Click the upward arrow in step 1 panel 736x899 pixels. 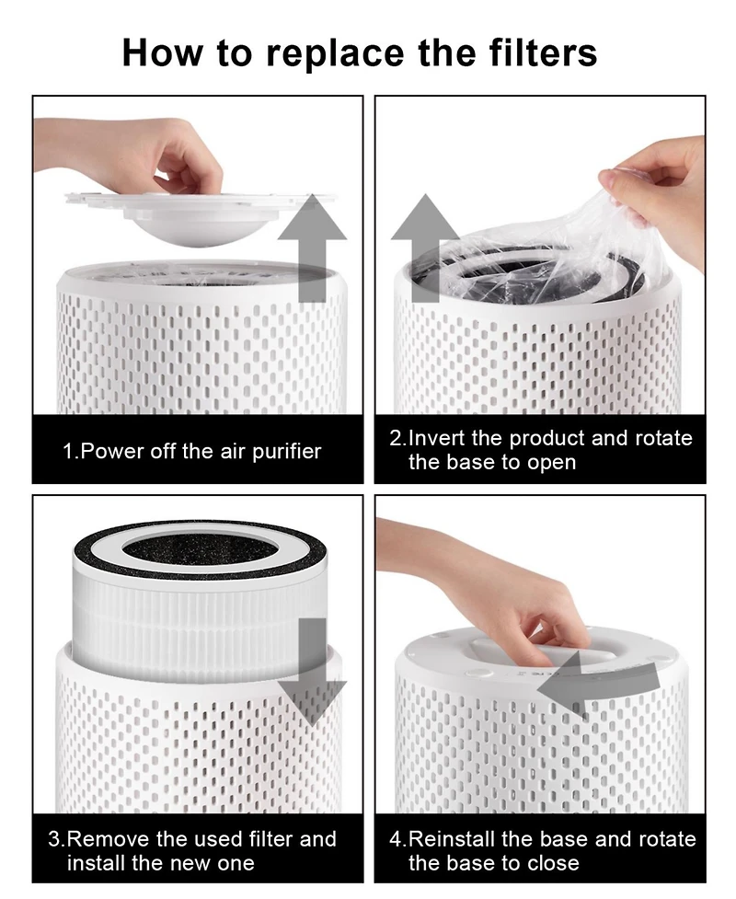(x=313, y=248)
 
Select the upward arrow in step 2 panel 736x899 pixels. (x=425, y=248)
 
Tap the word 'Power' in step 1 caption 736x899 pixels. (x=113, y=451)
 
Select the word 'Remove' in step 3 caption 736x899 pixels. (x=109, y=839)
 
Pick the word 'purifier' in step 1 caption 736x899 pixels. (x=287, y=453)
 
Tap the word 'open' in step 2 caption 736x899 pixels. (x=551, y=463)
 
